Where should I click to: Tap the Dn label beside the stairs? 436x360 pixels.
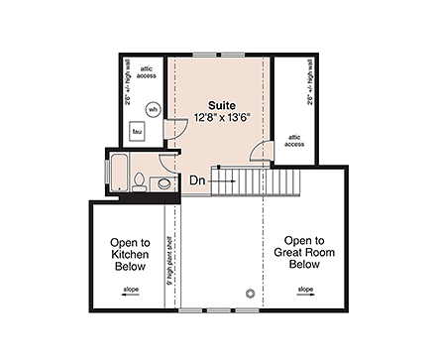[199, 181]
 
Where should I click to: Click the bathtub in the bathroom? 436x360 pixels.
[118, 174]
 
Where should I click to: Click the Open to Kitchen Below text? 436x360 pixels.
[129, 252]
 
